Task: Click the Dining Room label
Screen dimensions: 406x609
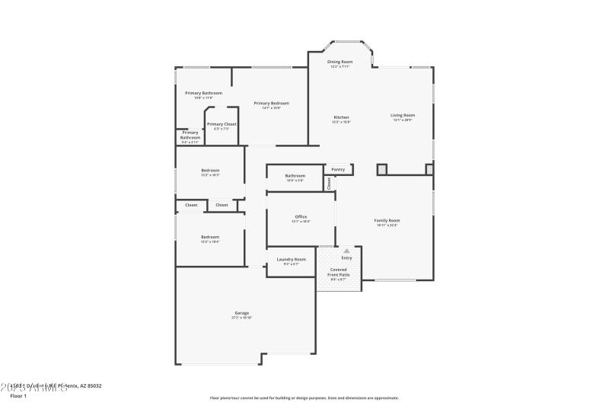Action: click(x=340, y=62)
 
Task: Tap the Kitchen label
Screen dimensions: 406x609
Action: click(x=341, y=117)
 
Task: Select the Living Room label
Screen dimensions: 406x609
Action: click(x=403, y=115)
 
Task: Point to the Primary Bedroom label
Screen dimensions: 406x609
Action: click(x=272, y=103)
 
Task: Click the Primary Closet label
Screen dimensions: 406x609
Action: click(x=222, y=124)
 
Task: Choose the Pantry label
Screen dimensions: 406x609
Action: click(x=339, y=169)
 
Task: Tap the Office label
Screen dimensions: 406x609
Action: click(x=301, y=217)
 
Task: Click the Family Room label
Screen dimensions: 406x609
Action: click(x=387, y=220)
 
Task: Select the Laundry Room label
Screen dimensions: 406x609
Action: click(x=292, y=259)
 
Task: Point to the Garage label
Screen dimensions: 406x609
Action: click(x=241, y=313)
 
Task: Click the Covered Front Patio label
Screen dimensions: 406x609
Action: click(x=339, y=272)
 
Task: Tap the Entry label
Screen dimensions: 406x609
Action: click(x=347, y=257)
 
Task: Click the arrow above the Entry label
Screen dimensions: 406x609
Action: click(x=347, y=250)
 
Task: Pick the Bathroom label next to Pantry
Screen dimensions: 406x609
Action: click(x=295, y=175)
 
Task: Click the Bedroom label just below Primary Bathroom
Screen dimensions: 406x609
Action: click(x=210, y=170)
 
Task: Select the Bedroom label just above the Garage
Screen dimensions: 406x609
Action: click(x=210, y=237)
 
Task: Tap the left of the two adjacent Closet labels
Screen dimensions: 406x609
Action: click(x=191, y=205)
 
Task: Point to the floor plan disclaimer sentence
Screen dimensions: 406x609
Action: click(x=304, y=398)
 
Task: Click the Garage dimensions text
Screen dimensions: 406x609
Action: click(x=241, y=318)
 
